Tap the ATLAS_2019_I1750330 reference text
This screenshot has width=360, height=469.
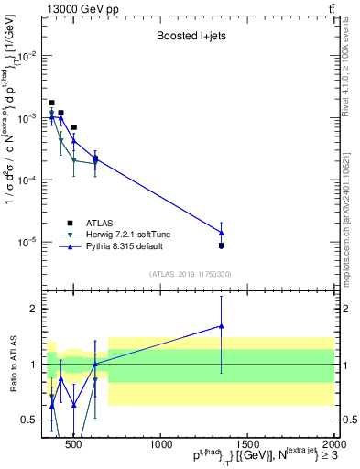tap(190, 274)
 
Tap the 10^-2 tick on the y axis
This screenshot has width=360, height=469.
tap(29, 56)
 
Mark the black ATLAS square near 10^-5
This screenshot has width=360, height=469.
tap(222, 245)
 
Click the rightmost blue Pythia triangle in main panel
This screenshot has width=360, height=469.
tap(222, 232)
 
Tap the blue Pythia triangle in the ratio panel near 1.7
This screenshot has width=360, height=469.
tap(222, 326)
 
